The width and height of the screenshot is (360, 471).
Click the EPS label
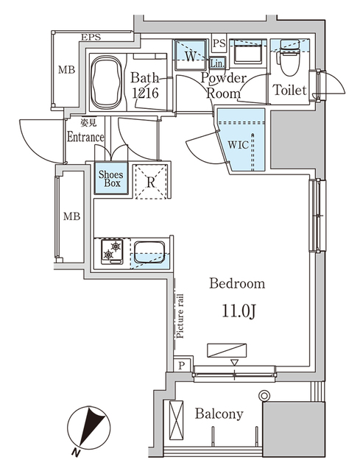[91, 38]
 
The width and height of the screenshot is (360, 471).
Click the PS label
[219, 43]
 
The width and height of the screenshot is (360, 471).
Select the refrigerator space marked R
[150, 183]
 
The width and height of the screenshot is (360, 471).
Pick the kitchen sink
[151, 253]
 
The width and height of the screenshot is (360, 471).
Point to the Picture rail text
[180, 314]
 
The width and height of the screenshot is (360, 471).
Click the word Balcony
[219, 414]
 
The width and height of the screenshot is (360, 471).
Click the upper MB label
[68, 71]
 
